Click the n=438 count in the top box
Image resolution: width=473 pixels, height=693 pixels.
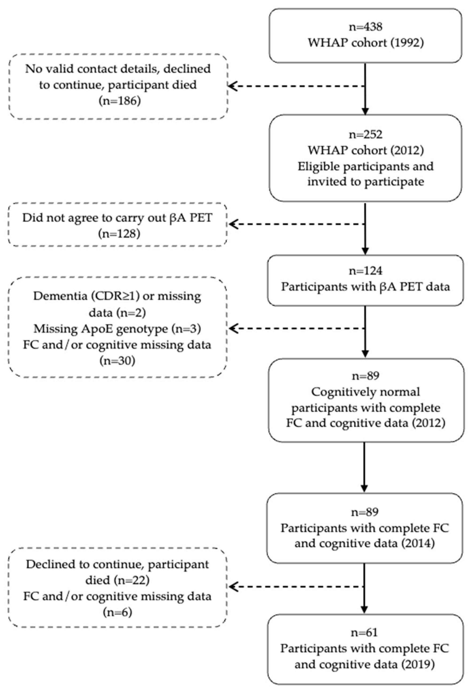[x=365, y=27]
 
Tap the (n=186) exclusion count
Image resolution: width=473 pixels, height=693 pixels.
[x=119, y=101]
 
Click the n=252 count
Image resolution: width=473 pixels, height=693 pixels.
[x=365, y=135]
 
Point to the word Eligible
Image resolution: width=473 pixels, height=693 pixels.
[x=319, y=166]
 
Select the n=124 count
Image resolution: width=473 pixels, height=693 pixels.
[x=365, y=271]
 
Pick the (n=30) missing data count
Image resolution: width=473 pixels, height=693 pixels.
[x=117, y=361]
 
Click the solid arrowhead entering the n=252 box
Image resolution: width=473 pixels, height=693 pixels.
[x=365, y=111]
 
